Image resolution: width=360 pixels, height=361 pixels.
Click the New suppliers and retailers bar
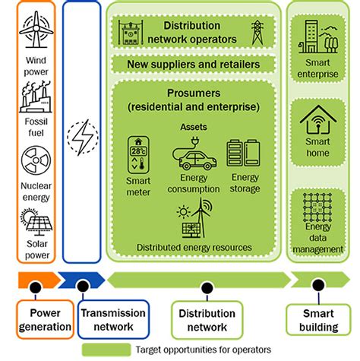coord(194,65)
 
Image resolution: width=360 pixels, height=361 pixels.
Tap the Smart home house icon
coord(318,122)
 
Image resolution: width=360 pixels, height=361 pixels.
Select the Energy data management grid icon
coord(318,207)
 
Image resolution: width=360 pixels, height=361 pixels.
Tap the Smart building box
coord(318,320)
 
